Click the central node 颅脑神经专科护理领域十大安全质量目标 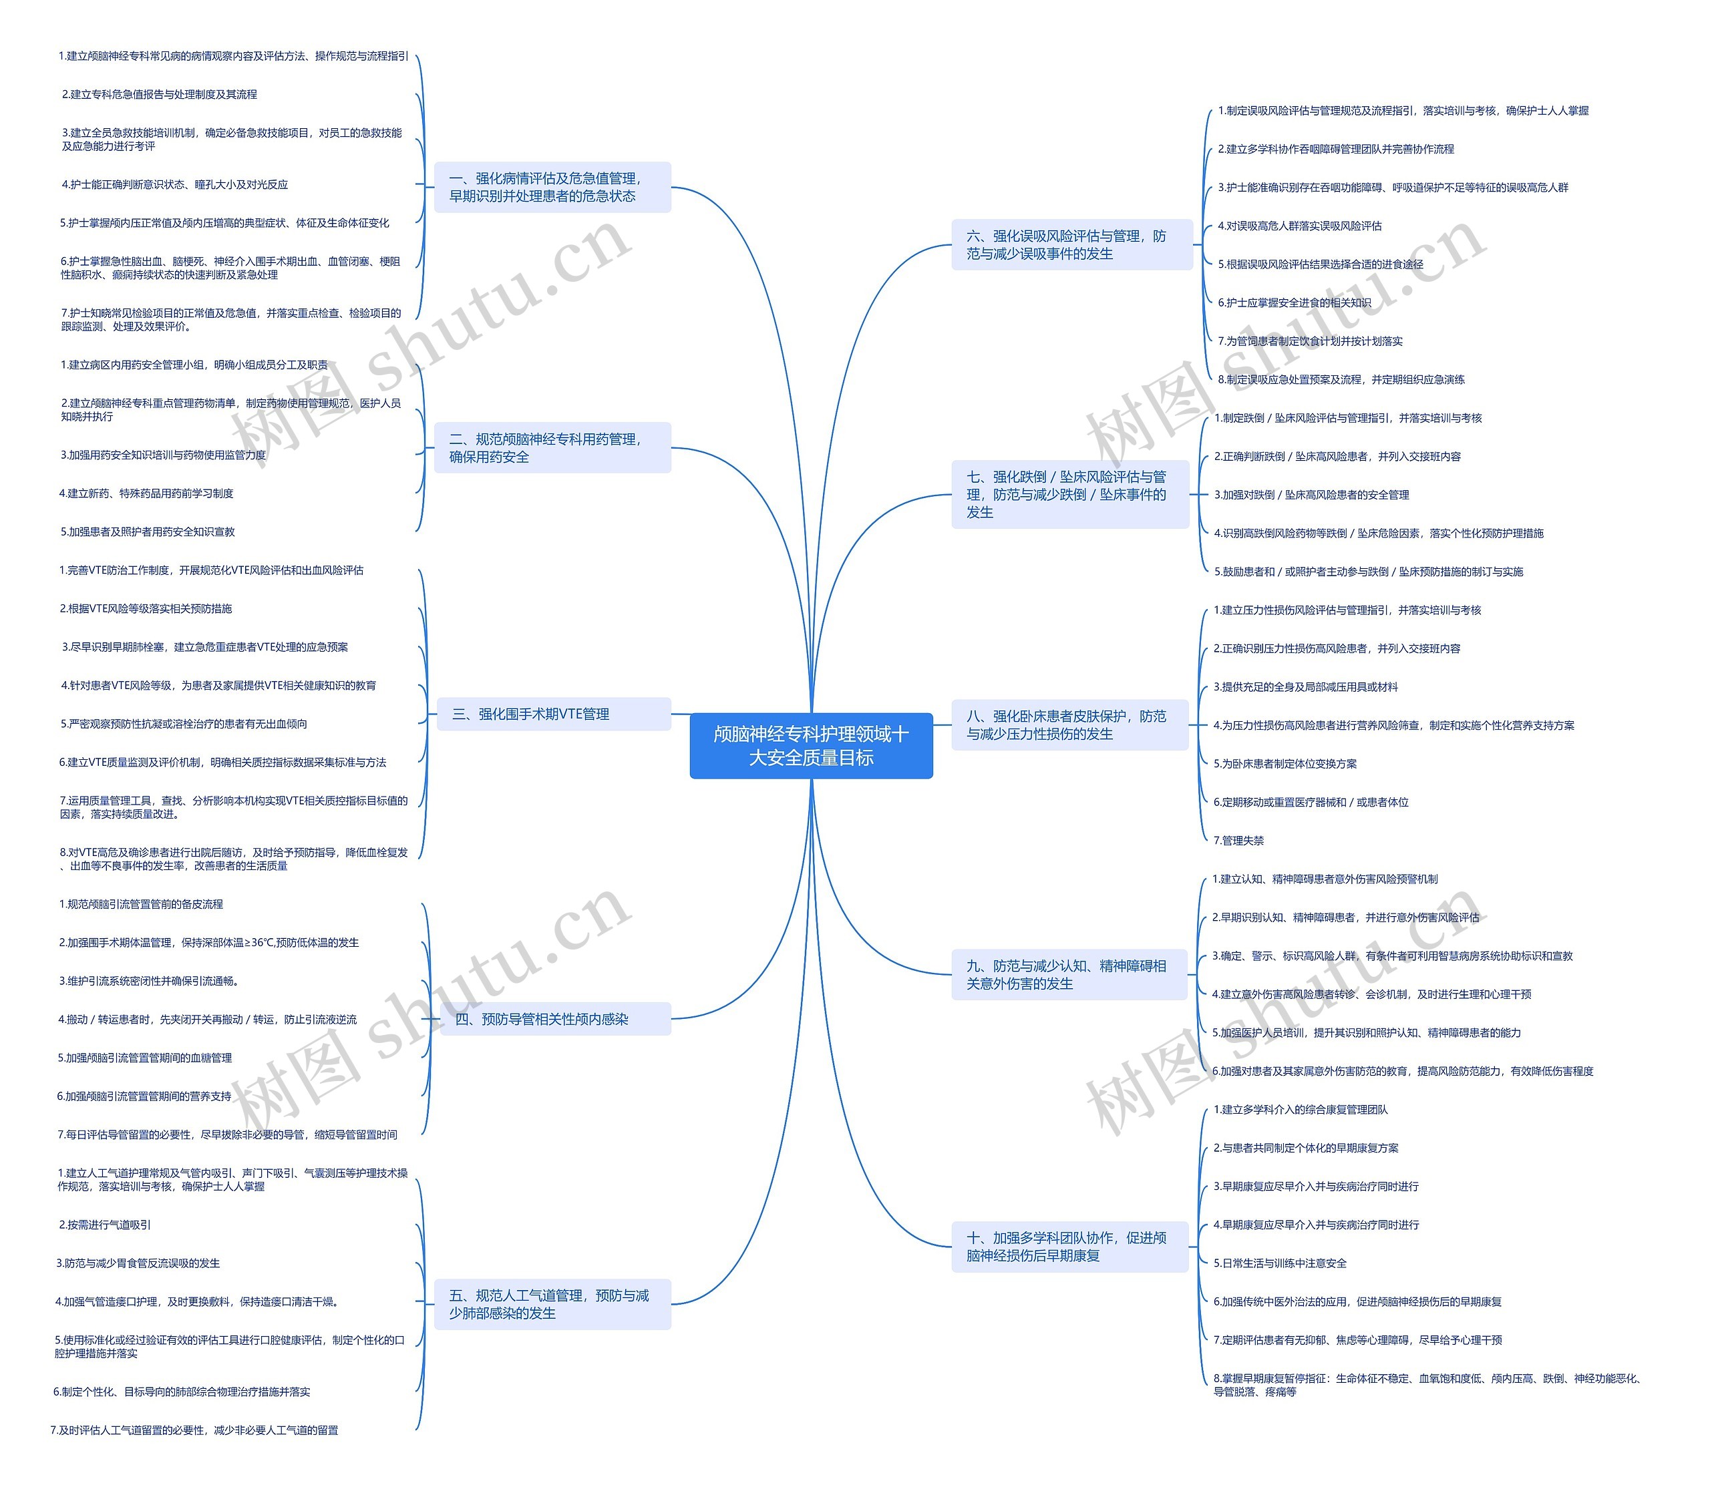811,745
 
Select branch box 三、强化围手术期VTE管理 553,714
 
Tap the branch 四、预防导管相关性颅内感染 553,1020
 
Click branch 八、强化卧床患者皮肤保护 1069,725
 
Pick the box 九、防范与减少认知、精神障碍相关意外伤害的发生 1069,975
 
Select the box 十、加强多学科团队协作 1069,1247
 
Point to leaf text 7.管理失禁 1238,840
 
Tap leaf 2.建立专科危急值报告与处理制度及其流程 159,94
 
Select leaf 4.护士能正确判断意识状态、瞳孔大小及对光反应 175,185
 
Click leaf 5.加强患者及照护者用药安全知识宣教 148,532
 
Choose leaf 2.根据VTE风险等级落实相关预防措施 146,609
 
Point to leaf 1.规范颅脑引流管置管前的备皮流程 141,904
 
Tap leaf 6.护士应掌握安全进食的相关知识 1294,302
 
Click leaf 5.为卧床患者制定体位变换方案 1285,764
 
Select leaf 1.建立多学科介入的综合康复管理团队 1300,1110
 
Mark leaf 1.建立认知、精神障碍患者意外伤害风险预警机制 1325,879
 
